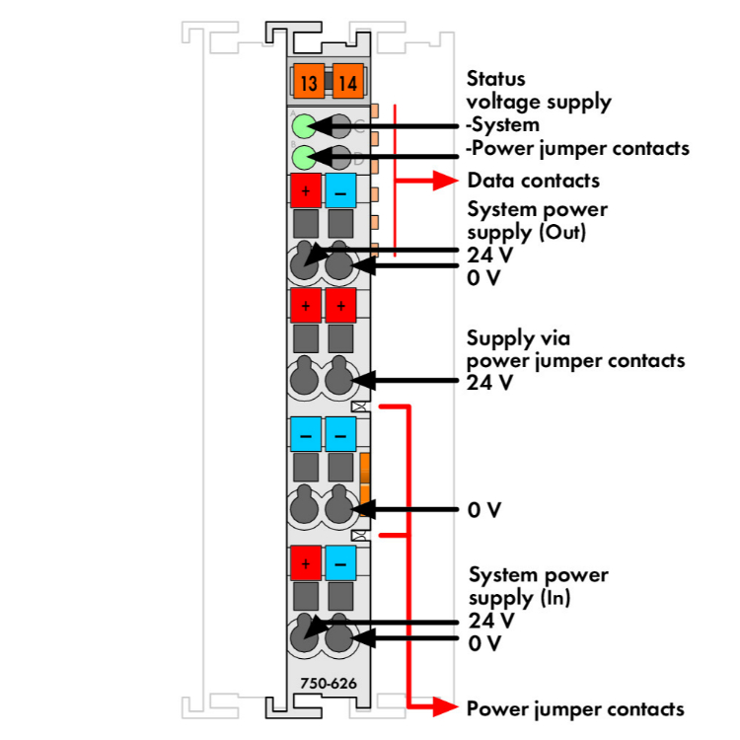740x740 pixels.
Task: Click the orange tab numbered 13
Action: [309, 82]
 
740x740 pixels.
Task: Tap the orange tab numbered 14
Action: [346, 82]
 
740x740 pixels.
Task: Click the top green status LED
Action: [305, 125]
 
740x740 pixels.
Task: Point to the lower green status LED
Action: [305, 155]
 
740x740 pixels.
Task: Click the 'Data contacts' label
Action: [533, 181]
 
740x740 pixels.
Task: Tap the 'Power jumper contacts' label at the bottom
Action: [575, 708]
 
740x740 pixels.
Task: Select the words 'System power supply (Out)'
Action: [538, 221]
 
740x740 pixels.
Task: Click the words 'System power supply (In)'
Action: [539, 586]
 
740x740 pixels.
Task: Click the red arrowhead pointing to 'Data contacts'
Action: [447, 181]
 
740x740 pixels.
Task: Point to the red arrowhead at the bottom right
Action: [446, 705]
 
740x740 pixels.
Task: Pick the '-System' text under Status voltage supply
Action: [503, 124]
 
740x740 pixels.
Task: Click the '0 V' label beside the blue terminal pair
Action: [485, 510]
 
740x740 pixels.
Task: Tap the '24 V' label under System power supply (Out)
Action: [490, 255]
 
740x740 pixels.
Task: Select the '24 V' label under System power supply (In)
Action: [490, 621]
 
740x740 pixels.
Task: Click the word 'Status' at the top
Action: [496, 78]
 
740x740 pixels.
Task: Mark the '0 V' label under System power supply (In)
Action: [485, 643]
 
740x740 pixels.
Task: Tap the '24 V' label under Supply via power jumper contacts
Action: [490, 382]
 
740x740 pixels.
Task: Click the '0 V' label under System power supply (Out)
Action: [484, 277]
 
